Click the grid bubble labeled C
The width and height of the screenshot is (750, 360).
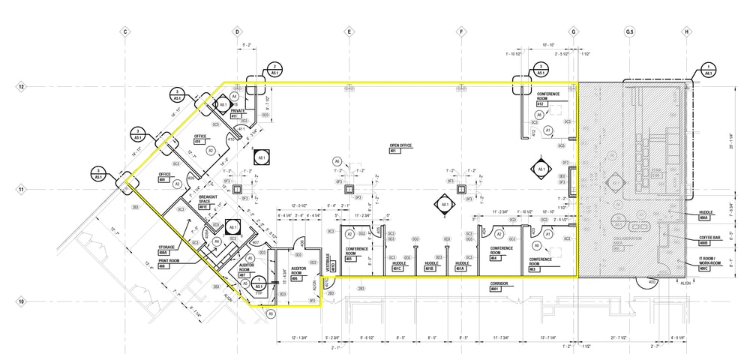(126, 32)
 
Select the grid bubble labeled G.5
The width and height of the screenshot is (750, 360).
(629, 32)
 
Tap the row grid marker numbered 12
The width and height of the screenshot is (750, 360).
(22, 87)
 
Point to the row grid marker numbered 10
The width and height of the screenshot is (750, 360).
(22, 302)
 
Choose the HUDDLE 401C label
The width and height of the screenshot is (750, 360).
(398, 264)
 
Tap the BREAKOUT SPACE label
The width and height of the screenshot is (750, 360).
(207, 199)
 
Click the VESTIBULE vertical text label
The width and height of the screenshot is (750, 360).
(329, 262)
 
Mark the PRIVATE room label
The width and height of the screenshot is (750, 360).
(238, 111)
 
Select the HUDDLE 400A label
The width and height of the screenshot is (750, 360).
(705, 214)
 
